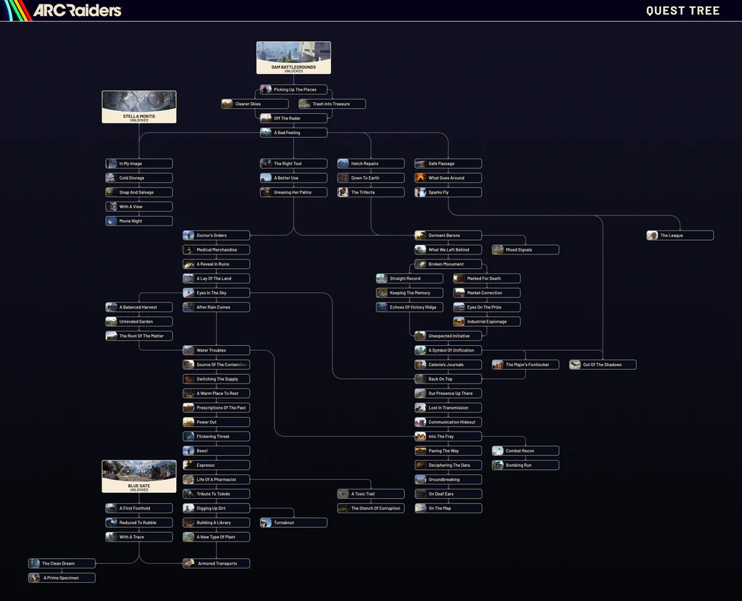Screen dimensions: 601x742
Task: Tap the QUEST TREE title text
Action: [683, 10]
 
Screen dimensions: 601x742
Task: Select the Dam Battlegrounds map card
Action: [293, 57]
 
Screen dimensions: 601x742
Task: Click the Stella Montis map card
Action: [139, 107]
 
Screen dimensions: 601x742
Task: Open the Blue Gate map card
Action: [139, 476]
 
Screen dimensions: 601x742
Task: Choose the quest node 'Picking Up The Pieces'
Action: [293, 90]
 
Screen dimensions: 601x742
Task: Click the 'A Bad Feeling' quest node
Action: [293, 133]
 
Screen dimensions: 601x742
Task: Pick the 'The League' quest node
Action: [680, 236]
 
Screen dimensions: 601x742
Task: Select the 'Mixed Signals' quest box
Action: [525, 250]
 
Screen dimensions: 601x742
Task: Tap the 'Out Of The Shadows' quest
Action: [603, 365]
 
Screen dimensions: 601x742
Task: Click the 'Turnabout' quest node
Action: [293, 523]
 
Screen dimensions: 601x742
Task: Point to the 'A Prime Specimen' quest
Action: [62, 578]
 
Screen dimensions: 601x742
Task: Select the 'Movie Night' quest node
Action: [139, 221]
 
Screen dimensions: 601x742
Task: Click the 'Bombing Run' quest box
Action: [525, 465]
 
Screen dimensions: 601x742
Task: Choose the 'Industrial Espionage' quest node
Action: [486, 322]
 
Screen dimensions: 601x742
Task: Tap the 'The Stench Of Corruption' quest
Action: [371, 508]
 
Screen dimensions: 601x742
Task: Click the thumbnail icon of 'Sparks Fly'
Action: [421, 193]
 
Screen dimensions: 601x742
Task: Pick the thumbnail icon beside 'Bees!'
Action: [189, 451]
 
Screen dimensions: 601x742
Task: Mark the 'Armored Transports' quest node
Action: [216, 563]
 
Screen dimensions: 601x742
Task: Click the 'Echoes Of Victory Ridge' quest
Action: [409, 307]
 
